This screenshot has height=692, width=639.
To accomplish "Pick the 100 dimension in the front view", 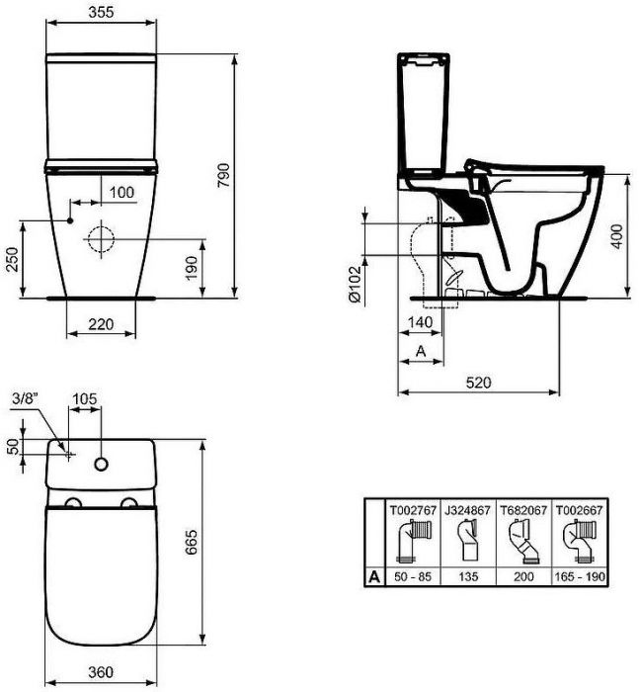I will (121, 191).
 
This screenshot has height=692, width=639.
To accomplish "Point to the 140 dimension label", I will (421, 322).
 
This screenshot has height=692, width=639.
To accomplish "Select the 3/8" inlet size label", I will (25, 399).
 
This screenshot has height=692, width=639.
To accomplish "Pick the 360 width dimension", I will (99, 672).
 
